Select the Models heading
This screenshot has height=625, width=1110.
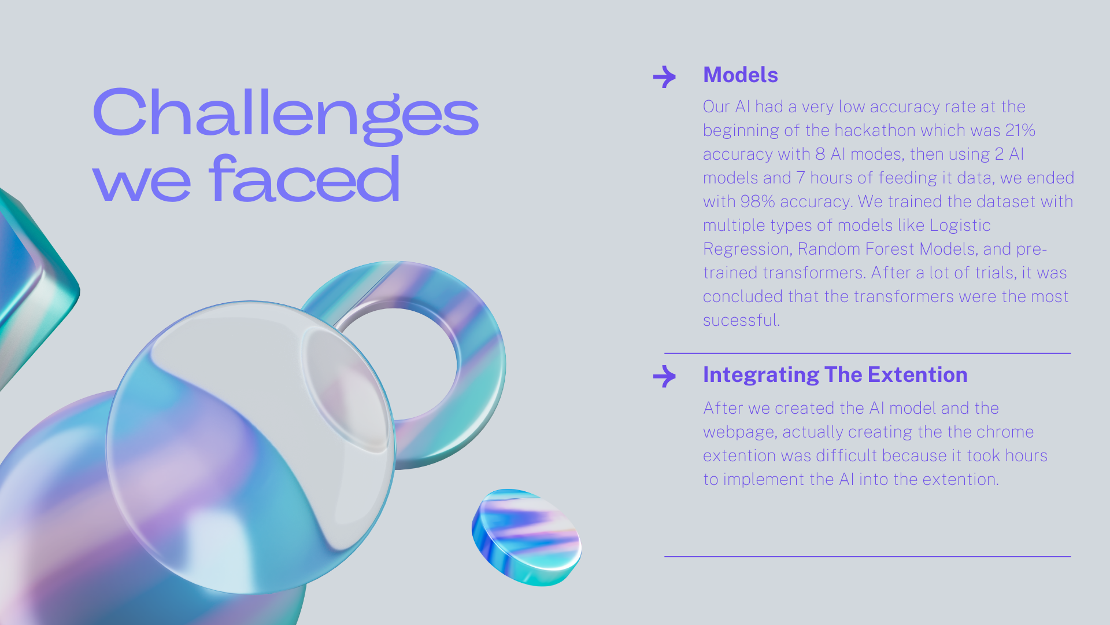point(741,75)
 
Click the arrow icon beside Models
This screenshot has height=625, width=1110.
point(664,76)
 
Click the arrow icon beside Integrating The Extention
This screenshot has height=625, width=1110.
point(664,376)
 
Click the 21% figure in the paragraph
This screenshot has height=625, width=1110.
point(1020,130)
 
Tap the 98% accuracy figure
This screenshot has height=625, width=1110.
point(757,201)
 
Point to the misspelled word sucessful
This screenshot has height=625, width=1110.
point(742,320)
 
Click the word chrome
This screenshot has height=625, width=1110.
point(1005,432)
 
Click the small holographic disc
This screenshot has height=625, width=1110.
point(527,538)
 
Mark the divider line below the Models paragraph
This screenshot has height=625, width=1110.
point(867,353)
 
